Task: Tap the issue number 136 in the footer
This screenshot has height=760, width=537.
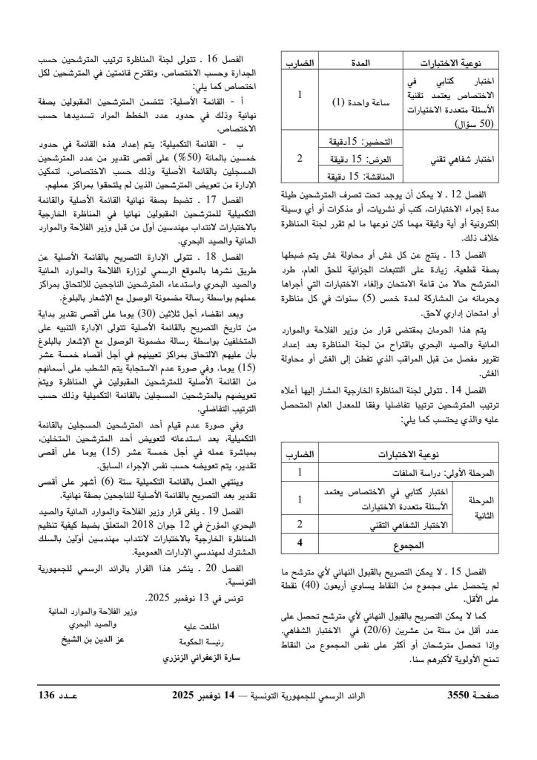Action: (56, 697)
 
